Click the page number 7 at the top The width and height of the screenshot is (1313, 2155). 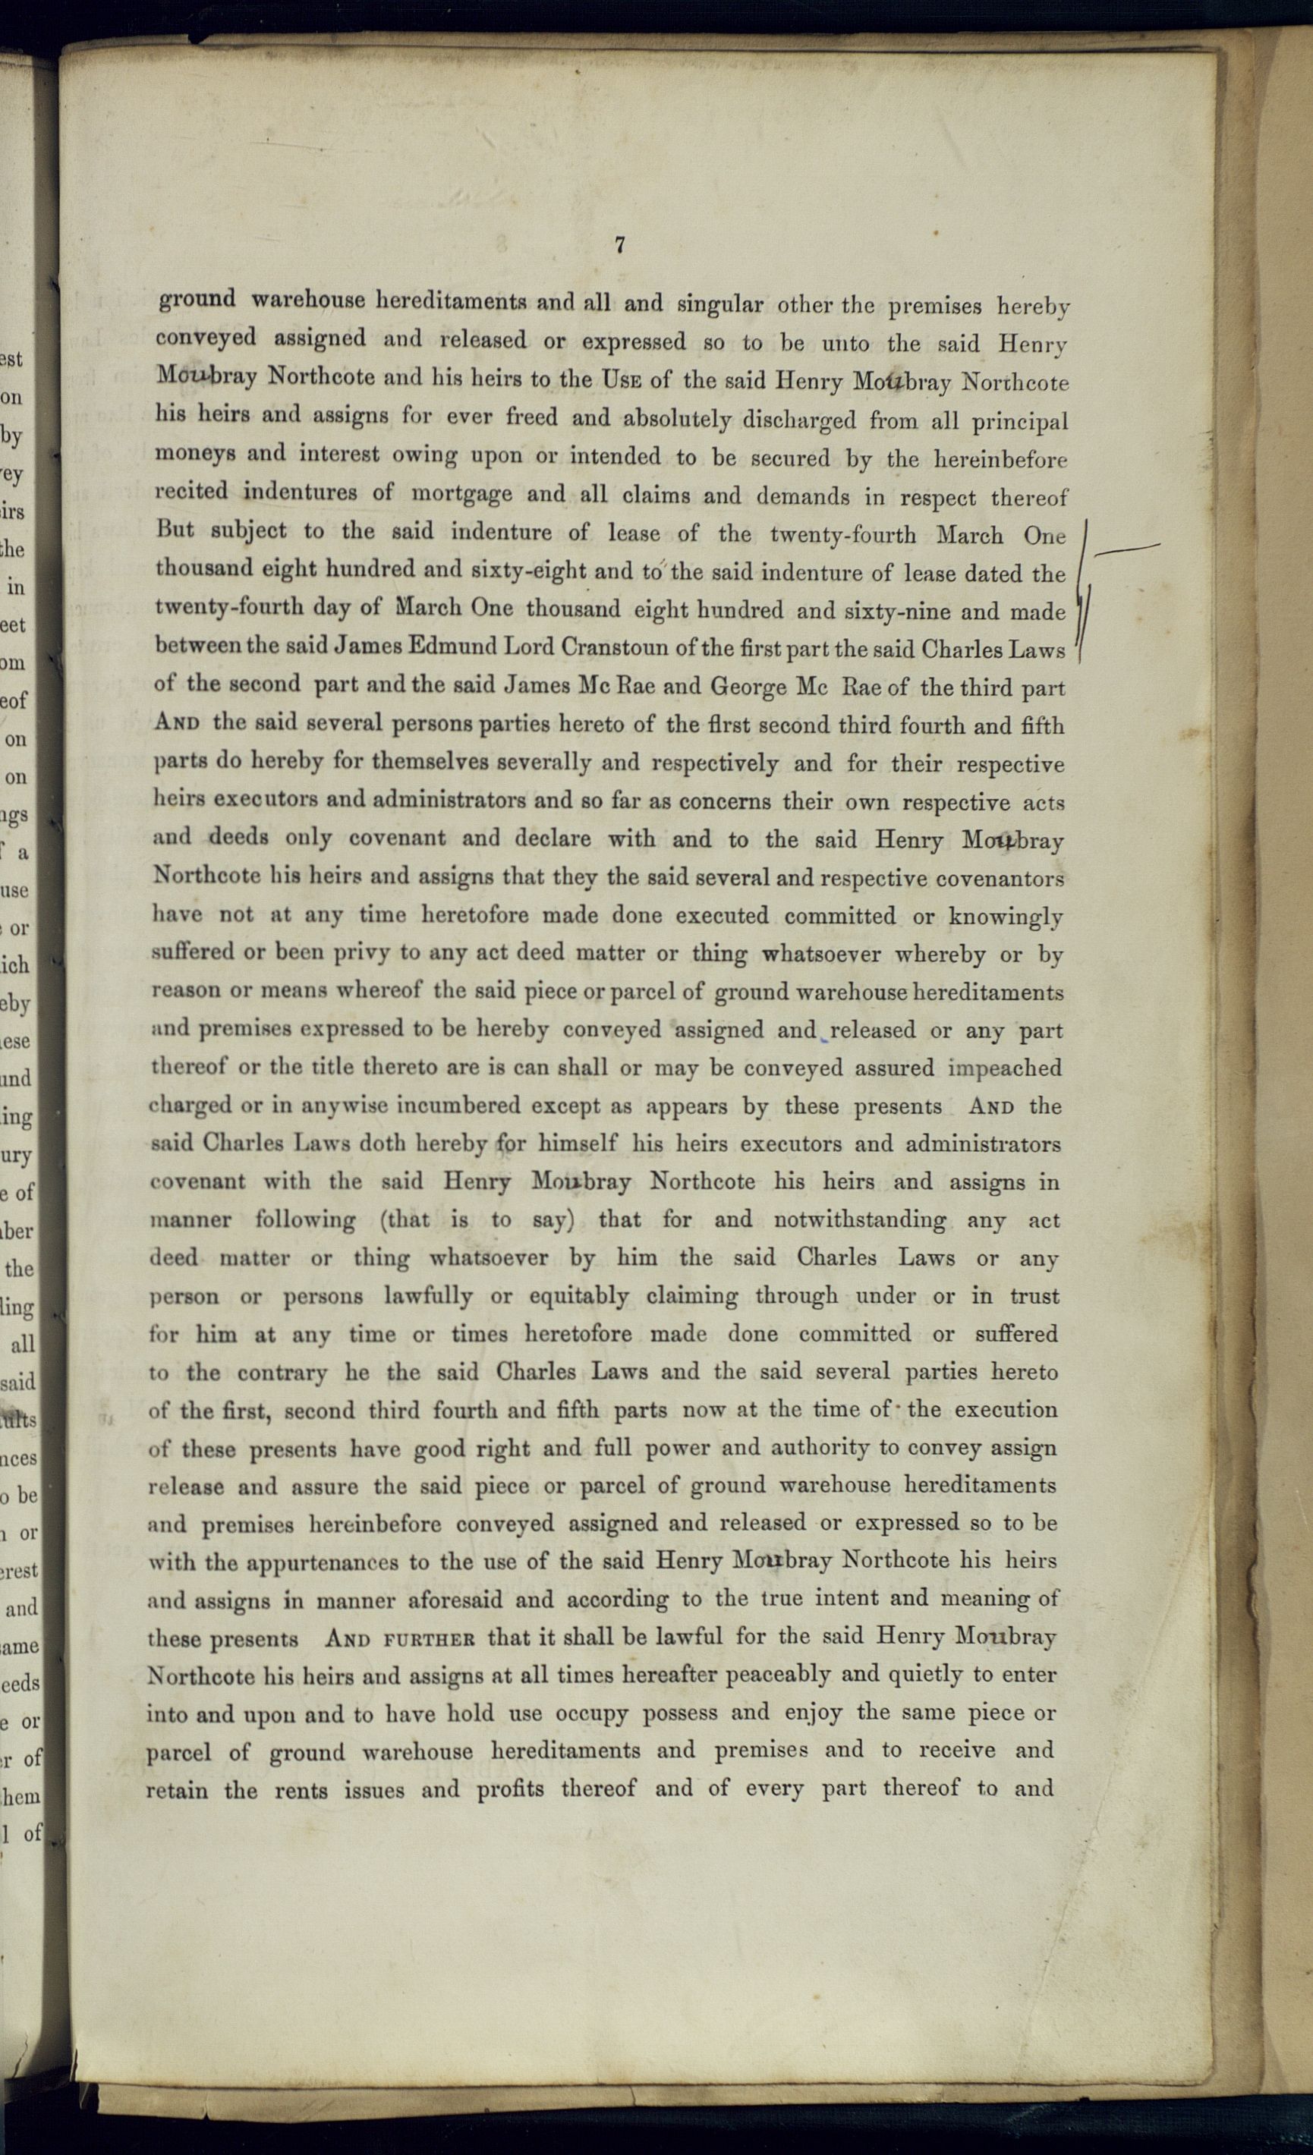tap(619, 246)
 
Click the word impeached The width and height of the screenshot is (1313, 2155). tap(1005, 1068)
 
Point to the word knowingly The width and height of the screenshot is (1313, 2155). tap(1006, 917)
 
